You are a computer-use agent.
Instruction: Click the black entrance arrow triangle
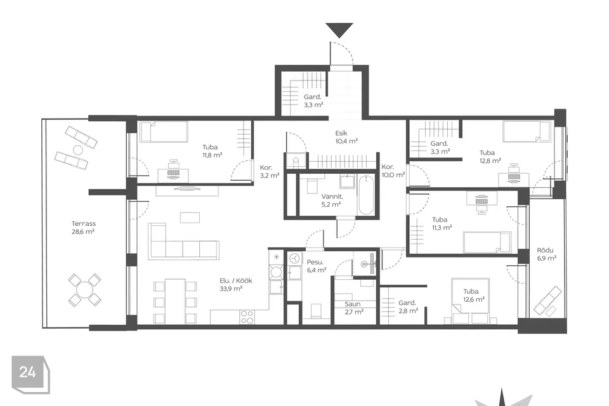coord(339,30)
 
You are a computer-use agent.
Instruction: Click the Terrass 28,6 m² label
coord(84,228)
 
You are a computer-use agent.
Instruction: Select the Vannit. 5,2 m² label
coord(332,200)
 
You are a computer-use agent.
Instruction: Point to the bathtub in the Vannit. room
coord(366,195)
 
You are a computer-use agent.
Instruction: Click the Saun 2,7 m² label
coord(354,308)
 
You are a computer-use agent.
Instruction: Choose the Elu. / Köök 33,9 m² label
coord(235,284)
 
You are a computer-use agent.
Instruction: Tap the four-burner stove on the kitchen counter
coord(247,317)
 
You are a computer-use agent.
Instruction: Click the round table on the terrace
coord(84,290)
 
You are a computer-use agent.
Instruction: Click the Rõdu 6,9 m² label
coord(546,254)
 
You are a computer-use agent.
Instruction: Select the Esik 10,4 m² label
coord(346,137)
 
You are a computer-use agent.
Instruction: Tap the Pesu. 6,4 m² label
coord(316,266)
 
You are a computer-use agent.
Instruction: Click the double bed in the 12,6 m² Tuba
coord(471,301)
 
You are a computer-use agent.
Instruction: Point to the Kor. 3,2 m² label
coord(270,171)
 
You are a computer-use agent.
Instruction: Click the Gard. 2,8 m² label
coord(408,306)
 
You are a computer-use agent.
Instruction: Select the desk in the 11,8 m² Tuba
coord(173,175)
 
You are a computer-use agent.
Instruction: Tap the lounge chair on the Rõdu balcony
coord(547,301)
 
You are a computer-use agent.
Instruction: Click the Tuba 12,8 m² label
coord(490,157)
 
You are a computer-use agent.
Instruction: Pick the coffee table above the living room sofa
coord(190,217)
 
